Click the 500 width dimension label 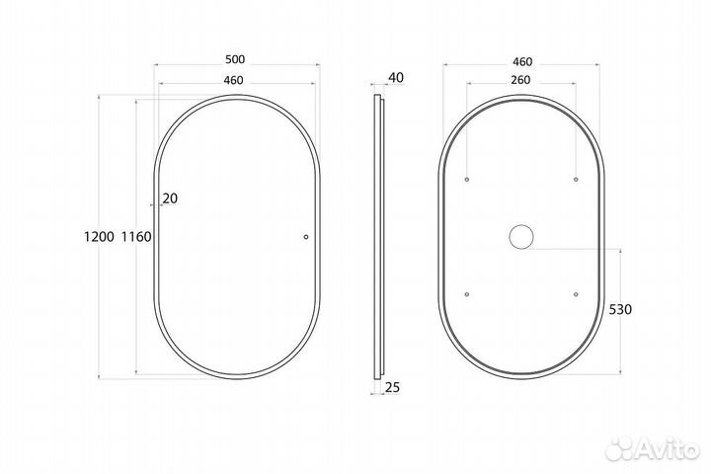click(x=235, y=59)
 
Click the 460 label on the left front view click(x=233, y=80)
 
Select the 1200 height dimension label click(x=100, y=236)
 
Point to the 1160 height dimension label click(x=136, y=236)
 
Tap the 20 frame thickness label click(x=170, y=198)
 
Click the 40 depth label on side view click(x=396, y=78)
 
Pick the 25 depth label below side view click(x=393, y=387)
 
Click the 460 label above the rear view click(x=522, y=61)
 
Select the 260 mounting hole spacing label click(x=520, y=80)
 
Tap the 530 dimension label click(x=620, y=309)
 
